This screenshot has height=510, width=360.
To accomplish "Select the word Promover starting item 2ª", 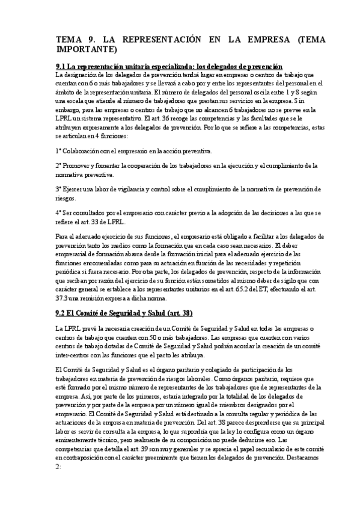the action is pyautogui.click(x=79, y=165).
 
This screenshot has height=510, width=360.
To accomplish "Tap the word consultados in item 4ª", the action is pyautogui.click(x=93, y=212).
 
